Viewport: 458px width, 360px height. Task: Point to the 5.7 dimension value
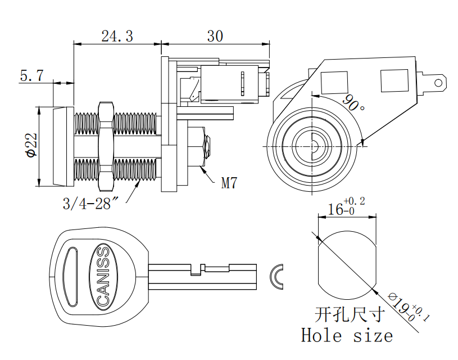pyautogui.click(x=31, y=76)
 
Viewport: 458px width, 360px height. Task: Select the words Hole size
pyautogui.click(x=347, y=336)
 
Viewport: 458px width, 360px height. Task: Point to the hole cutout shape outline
pyautogui.click(x=346, y=259)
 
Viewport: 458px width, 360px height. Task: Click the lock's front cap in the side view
pyautogui.click(x=64, y=146)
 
